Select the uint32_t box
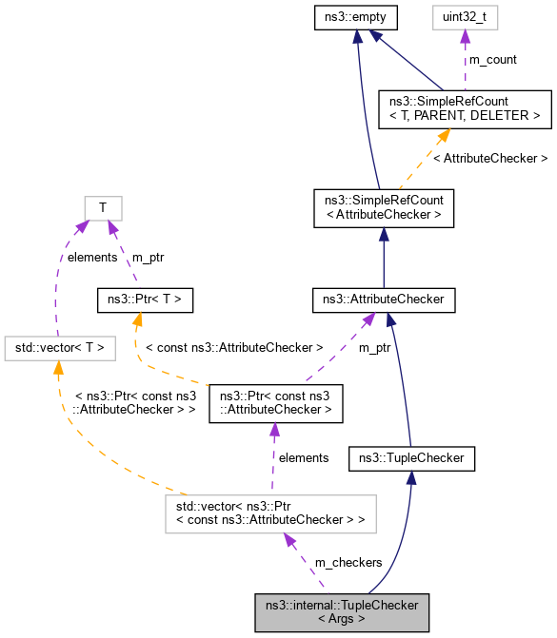click(x=466, y=16)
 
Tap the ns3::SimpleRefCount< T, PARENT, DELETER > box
click(x=465, y=108)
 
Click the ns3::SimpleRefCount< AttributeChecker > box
click(x=383, y=208)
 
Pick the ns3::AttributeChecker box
click(x=383, y=301)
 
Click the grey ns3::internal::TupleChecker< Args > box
click(x=342, y=611)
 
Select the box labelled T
click(x=103, y=208)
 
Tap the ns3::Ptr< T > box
click(x=146, y=301)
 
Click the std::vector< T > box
click(x=59, y=349)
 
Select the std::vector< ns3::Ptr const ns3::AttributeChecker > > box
click(x=269, y=513)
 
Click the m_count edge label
click(x=493, y=60)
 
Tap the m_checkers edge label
click(x=348, y=563)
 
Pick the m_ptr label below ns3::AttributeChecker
click(x=375, y=348)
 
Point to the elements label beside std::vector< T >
click(x=90, y=256)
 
